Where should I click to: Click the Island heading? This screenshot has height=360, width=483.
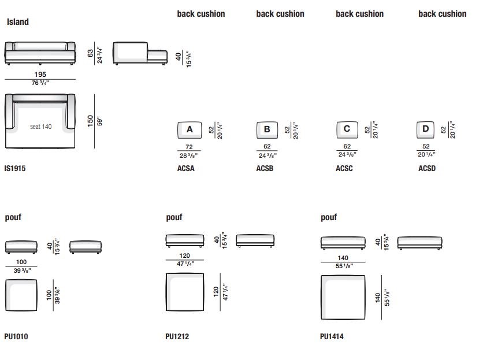pyautogui.click(x=17, y=22)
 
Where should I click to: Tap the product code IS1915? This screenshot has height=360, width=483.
pyautogui.click(x=15, y=168)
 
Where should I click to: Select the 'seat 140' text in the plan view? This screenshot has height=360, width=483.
pyautogui.click(x=40, y=127)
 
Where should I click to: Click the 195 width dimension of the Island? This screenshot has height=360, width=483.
pyautogui.click(x=40, y=75)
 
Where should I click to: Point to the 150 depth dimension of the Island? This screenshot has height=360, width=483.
pyautogui.click(x=90, y=121)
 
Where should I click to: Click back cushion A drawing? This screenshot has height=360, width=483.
pyautogui.click(x=190, y=130)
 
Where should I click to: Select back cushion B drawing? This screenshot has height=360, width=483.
pyautogui.click(x=267, y=130)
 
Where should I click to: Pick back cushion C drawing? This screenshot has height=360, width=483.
pyautogui.click(x=347, y=130)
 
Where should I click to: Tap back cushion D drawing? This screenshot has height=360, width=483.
pyautogui.click(x=425, y=130)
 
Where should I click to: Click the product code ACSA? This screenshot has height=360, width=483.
pyautogui.click(x=185, y=168)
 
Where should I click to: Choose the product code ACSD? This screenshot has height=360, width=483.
pyautogui.click(x=427, y=168)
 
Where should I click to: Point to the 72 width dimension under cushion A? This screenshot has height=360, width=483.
pyautogui.click(x=189, y=147)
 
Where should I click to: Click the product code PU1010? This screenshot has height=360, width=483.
pyautogui.click(x=16, y=336)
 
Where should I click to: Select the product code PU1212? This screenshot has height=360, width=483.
pyautogui.click(x=177, y=336)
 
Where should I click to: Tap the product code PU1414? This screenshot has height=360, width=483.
pyautogui.click(x=332, y=336)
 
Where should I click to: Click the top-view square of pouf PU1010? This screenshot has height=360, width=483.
pyautogui.click(x=21, y=295)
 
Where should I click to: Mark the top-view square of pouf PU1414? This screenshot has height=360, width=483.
pyautogui.click(x=343, y=298)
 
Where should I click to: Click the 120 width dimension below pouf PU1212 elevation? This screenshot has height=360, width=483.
pyautogui.click(x=184, y=255)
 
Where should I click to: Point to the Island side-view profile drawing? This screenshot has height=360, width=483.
pyautogui.click(x=140, y=53)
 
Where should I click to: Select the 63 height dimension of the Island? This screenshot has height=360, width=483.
pyautogui.click(x=90, y=53)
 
